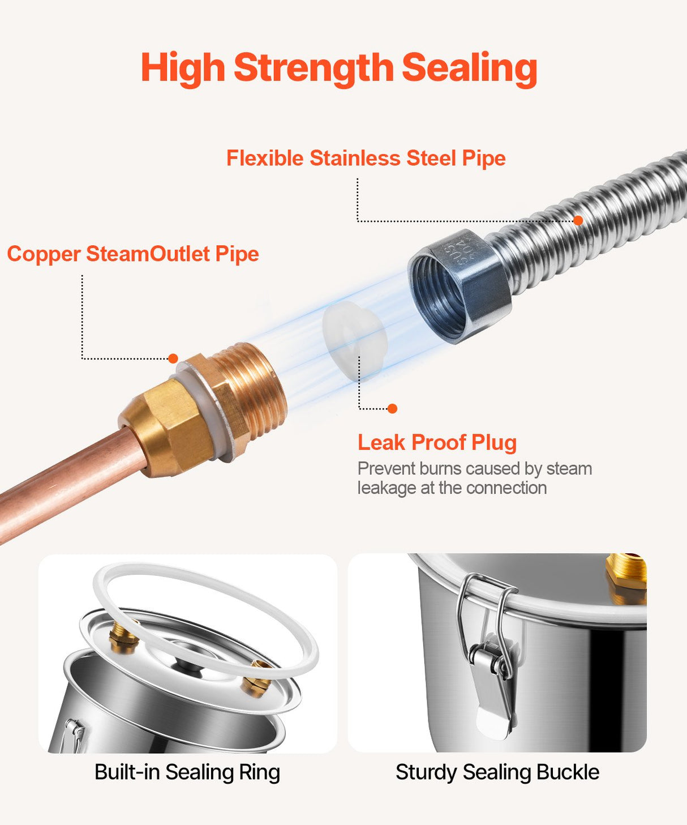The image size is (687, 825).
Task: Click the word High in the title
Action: click(183, 68)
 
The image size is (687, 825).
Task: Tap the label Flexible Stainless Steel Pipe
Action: click(366, 158)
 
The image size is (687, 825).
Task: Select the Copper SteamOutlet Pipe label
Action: click(133, 254)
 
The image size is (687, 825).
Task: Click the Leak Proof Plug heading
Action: click(437, 442)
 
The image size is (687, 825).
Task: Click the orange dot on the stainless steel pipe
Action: click(578, 220)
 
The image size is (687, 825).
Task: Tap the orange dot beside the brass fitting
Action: click(173, 358)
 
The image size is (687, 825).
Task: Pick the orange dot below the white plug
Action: click(392, 409)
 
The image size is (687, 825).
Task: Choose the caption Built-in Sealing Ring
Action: click(187, 772)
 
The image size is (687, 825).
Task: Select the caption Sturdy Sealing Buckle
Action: click(497, 772)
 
